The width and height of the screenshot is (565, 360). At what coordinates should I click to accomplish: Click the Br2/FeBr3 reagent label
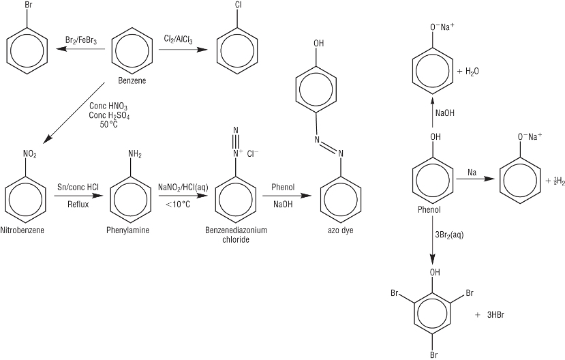81,41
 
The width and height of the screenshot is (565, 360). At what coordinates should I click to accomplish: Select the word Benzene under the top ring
132,80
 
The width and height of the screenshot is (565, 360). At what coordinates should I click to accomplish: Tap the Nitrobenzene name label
25,230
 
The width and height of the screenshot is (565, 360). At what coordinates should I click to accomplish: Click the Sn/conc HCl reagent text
78,187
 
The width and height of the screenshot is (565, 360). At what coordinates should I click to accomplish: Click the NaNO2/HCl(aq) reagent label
183,187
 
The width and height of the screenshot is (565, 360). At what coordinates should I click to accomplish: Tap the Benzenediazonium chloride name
236,235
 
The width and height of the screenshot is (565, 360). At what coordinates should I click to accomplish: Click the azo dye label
340,230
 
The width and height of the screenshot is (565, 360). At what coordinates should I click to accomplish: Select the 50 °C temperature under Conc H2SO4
109,125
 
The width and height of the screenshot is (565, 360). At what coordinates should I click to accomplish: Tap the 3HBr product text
495,314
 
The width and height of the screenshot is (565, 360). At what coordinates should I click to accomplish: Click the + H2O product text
468,71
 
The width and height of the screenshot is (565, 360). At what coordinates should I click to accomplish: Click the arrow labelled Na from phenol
471,179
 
